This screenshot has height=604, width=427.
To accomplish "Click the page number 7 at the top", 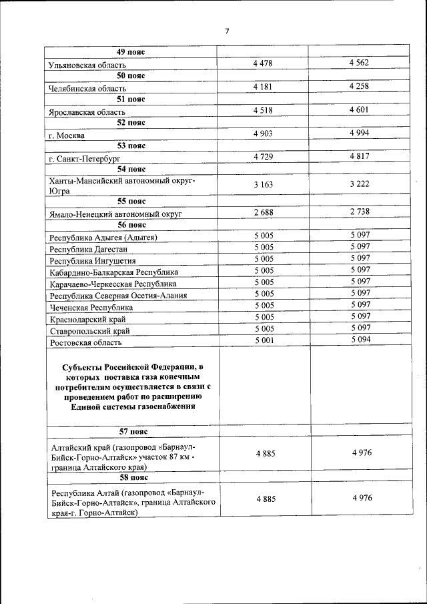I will click(x=227, y=31).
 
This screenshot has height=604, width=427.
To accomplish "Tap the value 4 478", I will click(x=263, y=63).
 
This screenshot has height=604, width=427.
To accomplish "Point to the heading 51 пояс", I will click(x=131, y=99).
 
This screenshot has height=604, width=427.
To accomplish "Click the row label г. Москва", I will click(x=67, y=135).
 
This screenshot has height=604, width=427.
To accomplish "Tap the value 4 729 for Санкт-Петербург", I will click(x=263, y=156).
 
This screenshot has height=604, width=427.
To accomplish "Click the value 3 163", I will click(x=263, y=184).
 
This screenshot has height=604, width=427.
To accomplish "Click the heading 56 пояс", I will click(x=131, y=226).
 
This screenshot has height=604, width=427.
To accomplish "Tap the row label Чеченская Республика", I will click(x=91, y=308).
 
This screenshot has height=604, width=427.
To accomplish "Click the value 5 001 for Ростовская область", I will click(x=263, y=340).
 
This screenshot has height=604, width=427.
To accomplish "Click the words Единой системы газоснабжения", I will click(x=131, y=406).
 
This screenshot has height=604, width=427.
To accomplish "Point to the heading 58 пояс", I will click(x=131, y=478).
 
